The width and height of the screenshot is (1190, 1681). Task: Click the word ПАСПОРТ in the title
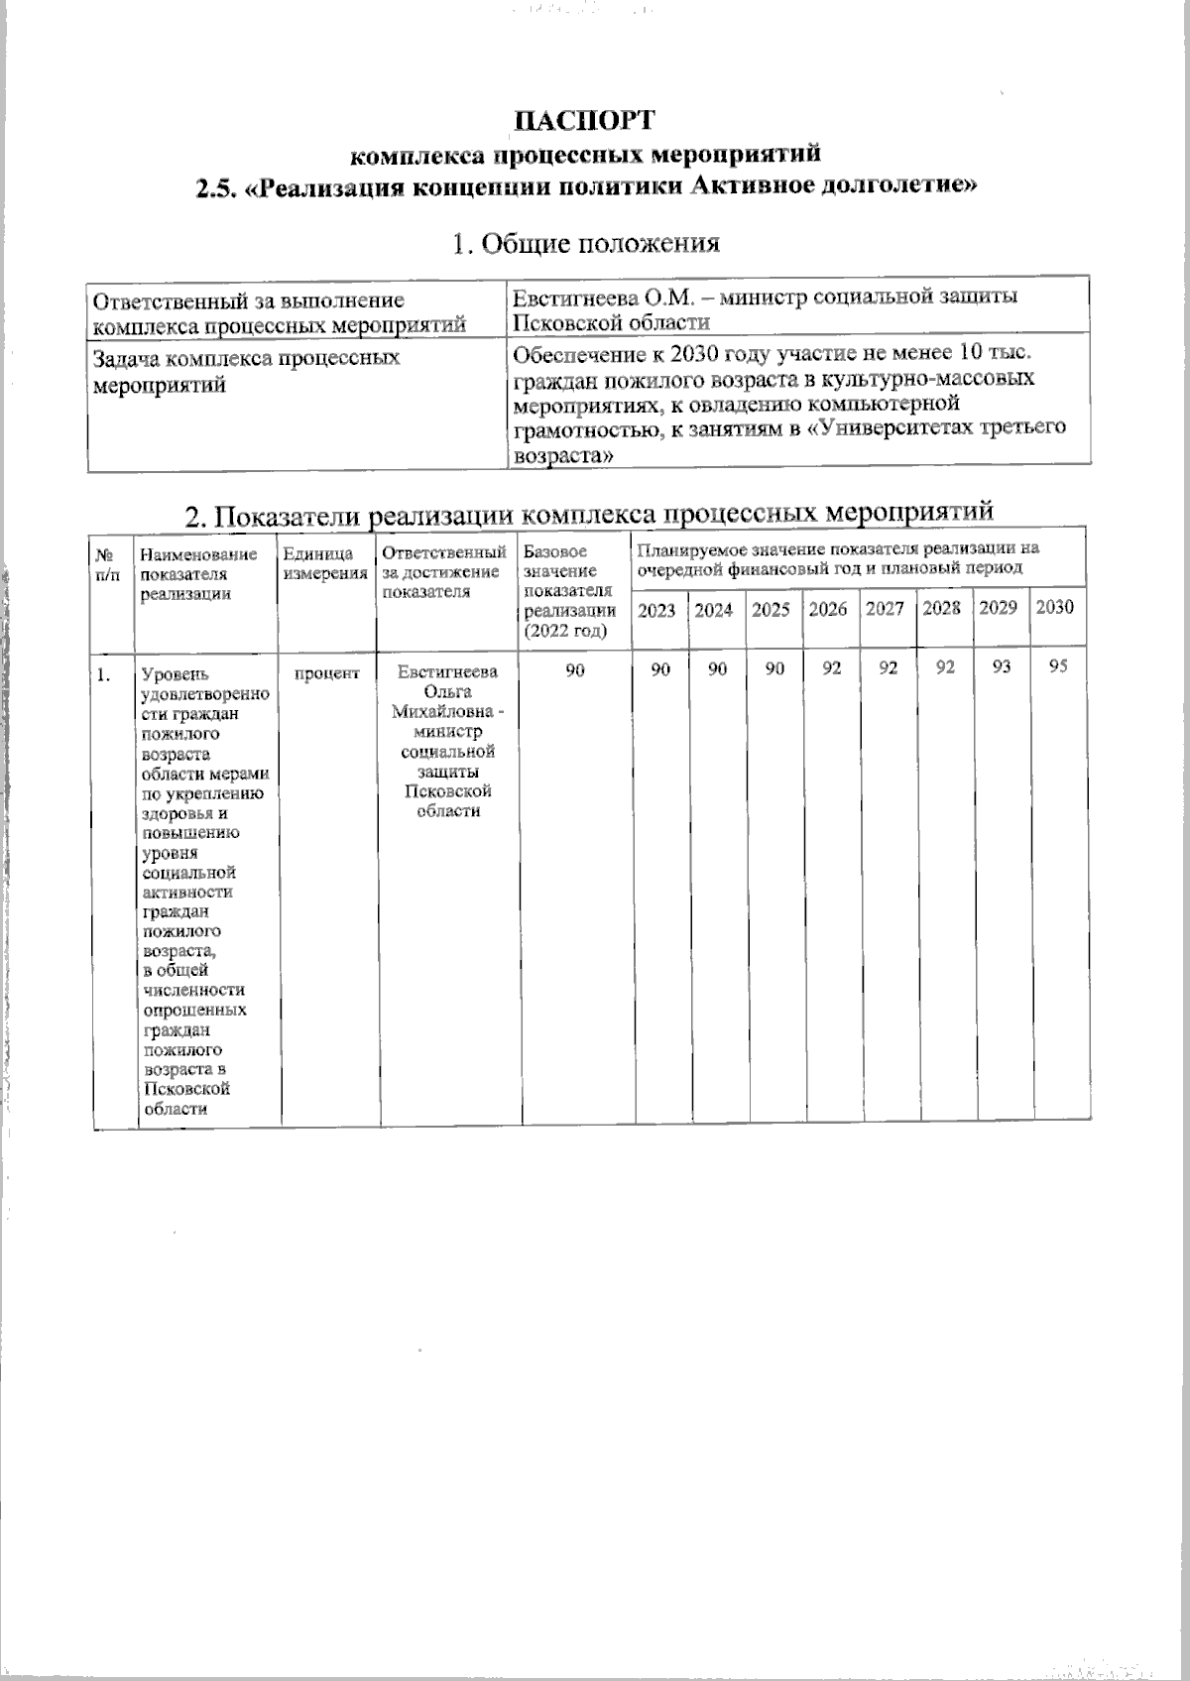coord(584,120)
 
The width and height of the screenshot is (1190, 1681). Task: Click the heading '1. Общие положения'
coord(585,243)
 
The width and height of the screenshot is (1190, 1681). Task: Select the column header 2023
coord(656,610)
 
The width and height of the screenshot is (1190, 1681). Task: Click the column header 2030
coord(1054,608)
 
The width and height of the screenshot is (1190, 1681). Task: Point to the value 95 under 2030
coord(1057,667)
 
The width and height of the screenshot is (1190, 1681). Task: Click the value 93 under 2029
coord(1002,667)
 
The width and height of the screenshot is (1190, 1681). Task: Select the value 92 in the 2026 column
coord(831,668)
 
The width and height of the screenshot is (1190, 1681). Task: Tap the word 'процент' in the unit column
coord(327,673)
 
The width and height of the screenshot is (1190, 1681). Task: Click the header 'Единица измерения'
coord(325,563)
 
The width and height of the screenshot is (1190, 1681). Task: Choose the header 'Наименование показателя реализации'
coord(198,573)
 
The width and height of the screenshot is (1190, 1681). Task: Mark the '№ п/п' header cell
coord(108,563)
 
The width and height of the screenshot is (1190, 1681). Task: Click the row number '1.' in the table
coord(102,675)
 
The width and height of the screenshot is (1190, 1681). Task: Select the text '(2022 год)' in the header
coord(564,631)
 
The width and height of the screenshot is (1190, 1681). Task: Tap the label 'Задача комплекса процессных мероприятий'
coord(246,371)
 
